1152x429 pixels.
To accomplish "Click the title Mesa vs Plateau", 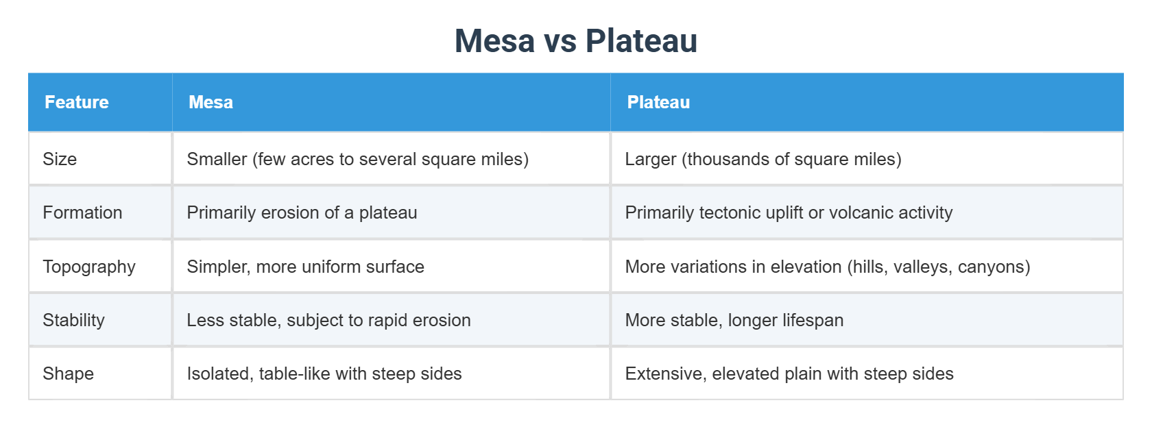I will click(576, 40).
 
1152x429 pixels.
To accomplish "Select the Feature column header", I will click(77, 102).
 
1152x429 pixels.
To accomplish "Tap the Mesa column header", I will click(211, 102).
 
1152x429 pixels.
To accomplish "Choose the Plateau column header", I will click(658, 102).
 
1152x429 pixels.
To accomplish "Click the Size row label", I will click(60, 159).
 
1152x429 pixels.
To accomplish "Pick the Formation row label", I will click(82, 212).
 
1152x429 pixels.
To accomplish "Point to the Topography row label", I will click(89, 267).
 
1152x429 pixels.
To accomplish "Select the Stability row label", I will click(73, 320).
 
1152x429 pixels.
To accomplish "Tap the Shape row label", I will click(68, 373).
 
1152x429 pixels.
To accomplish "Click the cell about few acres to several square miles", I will click(357, 159).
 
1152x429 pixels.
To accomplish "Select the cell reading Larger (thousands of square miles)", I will click(763, 159).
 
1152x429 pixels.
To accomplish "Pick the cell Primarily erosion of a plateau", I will click(302, 212).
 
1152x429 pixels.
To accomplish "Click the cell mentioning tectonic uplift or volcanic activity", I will click(789, 212).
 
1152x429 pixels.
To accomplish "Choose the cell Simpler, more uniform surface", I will click(305, 267).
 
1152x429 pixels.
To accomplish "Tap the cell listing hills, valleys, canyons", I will click(827, 267).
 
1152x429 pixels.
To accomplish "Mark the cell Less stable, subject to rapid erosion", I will click(328, 320).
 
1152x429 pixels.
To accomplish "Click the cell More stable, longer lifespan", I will click(734, 320).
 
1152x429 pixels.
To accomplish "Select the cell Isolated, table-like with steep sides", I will click(324, 373).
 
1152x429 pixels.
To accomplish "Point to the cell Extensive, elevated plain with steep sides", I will click(789, 373).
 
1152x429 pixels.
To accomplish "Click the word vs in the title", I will click(560, 42).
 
